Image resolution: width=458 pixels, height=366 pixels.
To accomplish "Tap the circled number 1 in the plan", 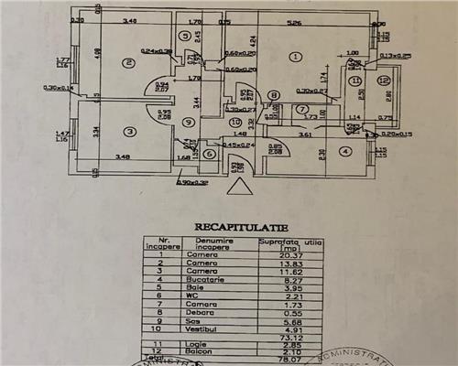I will point(294,57).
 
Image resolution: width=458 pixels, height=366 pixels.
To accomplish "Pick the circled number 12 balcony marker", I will point(384,80).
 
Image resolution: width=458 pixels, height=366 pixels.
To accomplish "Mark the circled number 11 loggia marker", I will point(354,81).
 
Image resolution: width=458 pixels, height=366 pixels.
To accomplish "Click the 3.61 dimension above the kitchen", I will point(306,135).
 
